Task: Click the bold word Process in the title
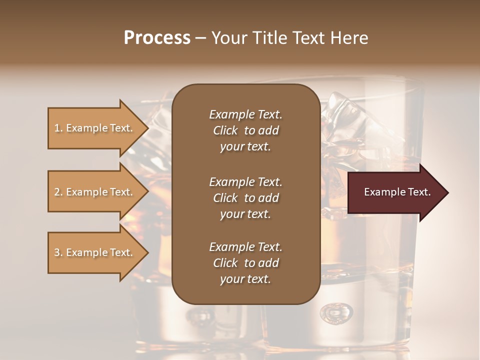pyautogui.click(x=157, y=38)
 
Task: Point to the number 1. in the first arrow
pyautogui.click(x=58, y=128)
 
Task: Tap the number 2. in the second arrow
pyautogui.click(x=58, y=192)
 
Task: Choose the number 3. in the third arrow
pyautogui.click(x=58, y=252)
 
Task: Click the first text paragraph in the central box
pyautogui.click(x=245, y=130)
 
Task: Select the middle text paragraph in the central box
pyautogui.click(x=245, y=198)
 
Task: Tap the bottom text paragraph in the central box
pyautogui.click(x=245, y=263)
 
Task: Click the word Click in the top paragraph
pyautogui.click(x=225, y=130)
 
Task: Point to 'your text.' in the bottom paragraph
pyautogui.click(x=245, y=279)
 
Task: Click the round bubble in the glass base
pyautogui.click(x=336, y=313)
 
